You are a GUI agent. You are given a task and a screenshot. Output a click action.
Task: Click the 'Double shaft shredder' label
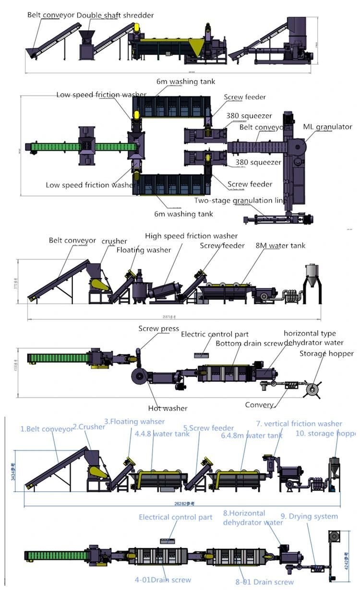[115, 15]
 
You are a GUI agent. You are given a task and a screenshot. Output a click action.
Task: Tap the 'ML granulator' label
[327, 127]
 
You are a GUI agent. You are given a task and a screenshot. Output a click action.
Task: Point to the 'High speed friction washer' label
[191, 236]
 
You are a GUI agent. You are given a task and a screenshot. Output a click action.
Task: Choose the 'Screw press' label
[158, 329]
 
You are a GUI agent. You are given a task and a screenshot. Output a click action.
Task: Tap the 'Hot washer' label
[168, 408]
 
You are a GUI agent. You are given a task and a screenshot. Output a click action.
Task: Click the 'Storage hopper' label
[326, 354]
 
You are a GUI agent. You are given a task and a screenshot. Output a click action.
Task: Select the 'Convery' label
[259, 405]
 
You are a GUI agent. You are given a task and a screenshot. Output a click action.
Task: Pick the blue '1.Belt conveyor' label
[47, 429]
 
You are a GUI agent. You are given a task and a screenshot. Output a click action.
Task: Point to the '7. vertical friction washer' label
[299, 424]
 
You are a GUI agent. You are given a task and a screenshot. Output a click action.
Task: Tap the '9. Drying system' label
[309, 517]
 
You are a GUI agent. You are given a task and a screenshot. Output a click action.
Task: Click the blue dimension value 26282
[180, 504]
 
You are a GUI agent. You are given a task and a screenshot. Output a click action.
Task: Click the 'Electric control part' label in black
[215, 334]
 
